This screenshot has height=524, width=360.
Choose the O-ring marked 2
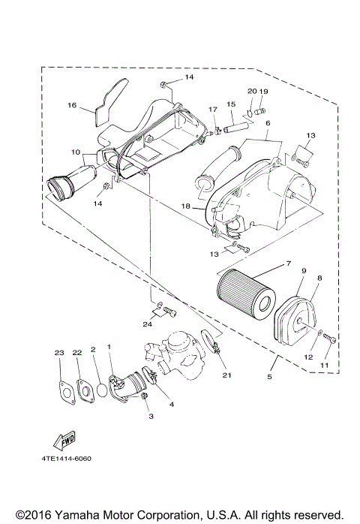tap(98, 390)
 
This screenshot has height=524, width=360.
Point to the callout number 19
tap(263, 91)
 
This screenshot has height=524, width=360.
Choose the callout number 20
tap(252, 91)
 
